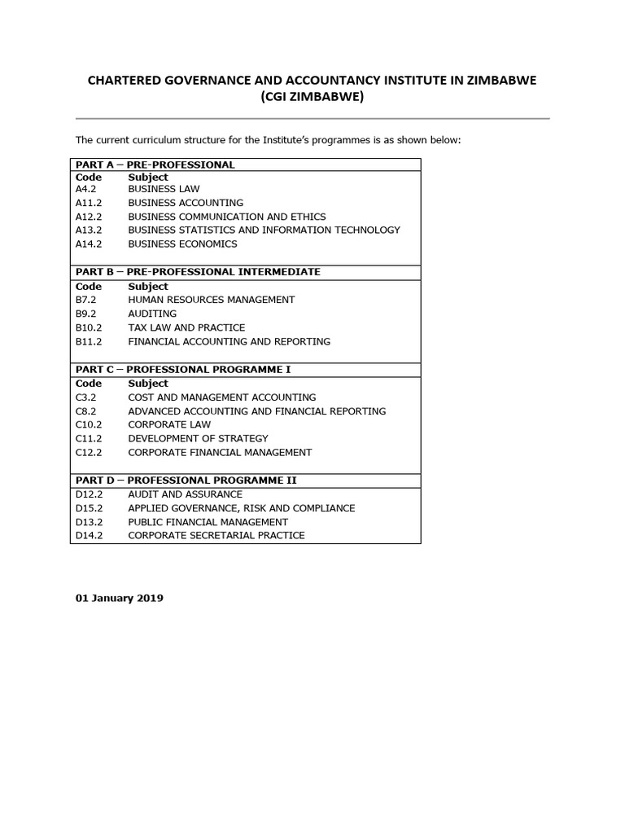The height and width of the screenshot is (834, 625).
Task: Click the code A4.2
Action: [x=86, y=189]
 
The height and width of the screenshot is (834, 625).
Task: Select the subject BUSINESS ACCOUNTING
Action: [x=186, y=203]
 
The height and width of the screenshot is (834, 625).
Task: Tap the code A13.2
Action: [x=89, y=230]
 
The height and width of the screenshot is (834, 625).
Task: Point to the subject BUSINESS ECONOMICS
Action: [x=182, y=244]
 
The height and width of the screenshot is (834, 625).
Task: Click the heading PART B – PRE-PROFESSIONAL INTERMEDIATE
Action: [x=198, y=272]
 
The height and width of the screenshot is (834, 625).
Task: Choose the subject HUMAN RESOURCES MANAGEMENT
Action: [x=211, y=300]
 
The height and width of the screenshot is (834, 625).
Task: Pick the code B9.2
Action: [x=85, y=314]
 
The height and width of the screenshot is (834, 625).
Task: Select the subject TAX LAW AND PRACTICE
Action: [x=186, y=327]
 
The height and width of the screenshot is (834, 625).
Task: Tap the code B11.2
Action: [x=89, y=341]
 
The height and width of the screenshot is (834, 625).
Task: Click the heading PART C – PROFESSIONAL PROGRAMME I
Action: [x=183, y=370]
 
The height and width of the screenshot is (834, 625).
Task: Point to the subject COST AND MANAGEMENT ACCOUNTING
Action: [x=221, y=397]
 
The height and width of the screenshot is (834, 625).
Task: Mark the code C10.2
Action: [x=89, y=424]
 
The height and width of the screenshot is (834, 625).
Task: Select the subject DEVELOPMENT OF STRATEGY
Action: [x=198, y=438]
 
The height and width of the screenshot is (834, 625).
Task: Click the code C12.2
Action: [x=89, y=452]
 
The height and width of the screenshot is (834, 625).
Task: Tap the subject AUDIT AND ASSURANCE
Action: [x=185, y=494]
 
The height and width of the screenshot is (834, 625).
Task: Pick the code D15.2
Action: [x=90, y=508]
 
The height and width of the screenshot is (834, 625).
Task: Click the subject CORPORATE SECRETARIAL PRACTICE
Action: [x=216, y=535]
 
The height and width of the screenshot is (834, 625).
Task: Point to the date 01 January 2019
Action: [x=120, y=598]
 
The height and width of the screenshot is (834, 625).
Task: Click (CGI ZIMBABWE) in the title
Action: [x=312, y=99]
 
